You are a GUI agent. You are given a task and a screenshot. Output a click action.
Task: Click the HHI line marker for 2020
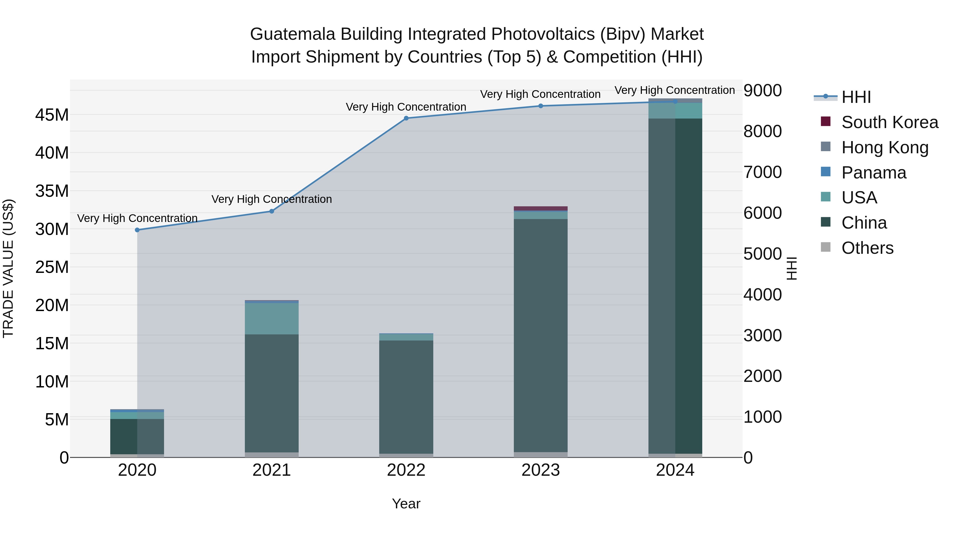coord(137,230)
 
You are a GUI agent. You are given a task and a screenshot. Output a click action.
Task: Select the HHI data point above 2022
coord(406,118)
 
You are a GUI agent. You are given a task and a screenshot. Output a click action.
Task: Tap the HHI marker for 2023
coord(540,106)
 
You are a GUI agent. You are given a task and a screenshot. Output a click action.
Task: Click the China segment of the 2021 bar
coord(271,393)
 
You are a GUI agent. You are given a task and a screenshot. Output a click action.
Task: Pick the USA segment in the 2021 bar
coord(271,319)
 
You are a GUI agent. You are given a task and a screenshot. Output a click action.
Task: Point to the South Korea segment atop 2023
coord(540,208)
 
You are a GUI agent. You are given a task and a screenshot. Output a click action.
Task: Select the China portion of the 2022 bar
coord(406,396)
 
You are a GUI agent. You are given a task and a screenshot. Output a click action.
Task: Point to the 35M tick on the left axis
coord(52,191)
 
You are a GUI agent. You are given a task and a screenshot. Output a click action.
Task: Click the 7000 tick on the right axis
coord(762,172)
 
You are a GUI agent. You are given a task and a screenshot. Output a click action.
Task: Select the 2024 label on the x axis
coord(675,470)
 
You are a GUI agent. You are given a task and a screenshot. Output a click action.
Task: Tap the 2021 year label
coord(271,470)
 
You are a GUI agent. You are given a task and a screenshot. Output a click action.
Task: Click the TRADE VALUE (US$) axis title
coord(8,268)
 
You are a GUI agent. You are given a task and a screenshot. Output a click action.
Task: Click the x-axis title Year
coord(406,504)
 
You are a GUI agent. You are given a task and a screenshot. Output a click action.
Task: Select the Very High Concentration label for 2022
coord(406,107)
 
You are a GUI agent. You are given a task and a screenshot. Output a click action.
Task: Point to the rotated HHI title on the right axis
coord(791,268)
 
